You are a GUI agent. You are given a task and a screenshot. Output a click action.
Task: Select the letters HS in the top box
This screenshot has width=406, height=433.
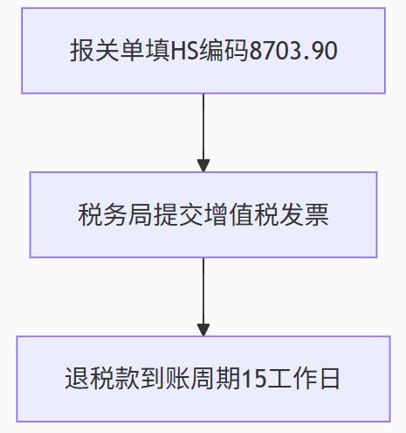tap(184, 51)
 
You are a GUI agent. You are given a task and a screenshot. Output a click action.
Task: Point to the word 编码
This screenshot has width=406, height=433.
tap(224, 51)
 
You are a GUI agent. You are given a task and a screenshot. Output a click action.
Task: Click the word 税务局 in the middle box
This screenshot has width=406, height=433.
tap(115, 214)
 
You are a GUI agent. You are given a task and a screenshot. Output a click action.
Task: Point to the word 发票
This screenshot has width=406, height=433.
tap(304, 214)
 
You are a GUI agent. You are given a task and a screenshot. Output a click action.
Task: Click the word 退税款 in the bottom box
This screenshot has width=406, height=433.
tap(102, 379)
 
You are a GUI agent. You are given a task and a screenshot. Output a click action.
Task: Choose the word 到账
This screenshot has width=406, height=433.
tap(165, 379)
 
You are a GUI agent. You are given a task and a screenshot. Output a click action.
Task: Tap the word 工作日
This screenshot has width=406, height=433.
tap(303, 379)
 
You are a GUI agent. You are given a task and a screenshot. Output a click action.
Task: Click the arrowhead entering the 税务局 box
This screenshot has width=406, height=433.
tap(203, 165)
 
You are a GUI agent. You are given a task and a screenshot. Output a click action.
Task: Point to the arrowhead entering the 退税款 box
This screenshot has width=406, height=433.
tap(203, 330)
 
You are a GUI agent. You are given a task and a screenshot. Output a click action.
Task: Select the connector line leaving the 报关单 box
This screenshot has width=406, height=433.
tap(203, 127)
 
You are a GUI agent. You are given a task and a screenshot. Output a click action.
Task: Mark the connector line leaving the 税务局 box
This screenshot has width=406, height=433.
tap(203, 291)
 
